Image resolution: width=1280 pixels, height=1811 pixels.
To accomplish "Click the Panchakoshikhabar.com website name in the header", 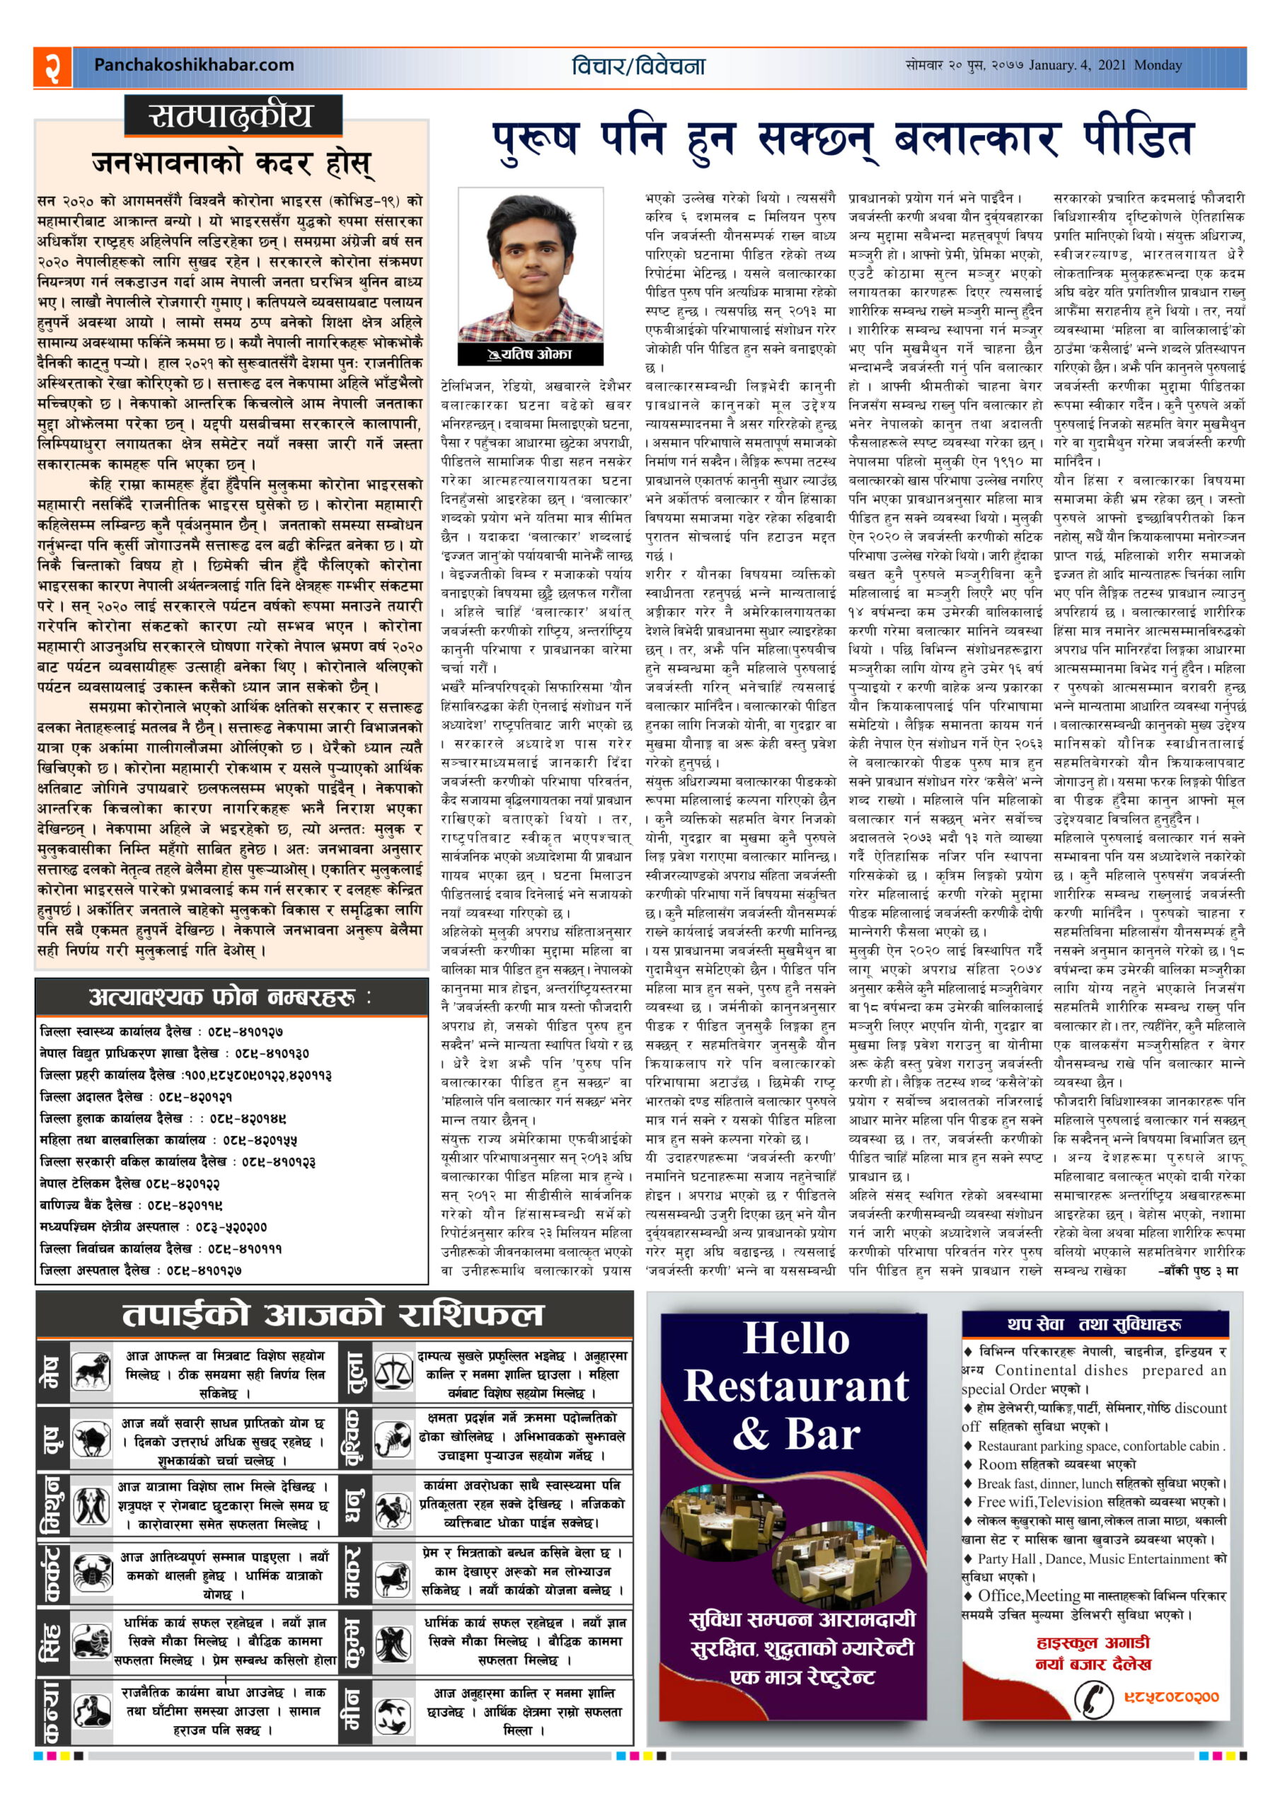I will [193, 66].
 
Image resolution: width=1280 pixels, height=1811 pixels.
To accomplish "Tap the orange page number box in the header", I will [52, 66].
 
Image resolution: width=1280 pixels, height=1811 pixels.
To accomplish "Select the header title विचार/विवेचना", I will [638, 66].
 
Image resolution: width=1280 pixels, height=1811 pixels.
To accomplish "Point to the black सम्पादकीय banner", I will [233, 116].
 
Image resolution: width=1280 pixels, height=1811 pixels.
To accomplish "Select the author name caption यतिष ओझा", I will [531, 354].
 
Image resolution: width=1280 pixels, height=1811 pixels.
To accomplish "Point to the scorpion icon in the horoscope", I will [392, 1438].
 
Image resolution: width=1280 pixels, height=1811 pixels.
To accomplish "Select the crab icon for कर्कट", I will [91, 1572].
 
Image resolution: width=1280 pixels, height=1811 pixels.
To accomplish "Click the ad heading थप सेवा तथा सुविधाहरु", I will [1093, 1324].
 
